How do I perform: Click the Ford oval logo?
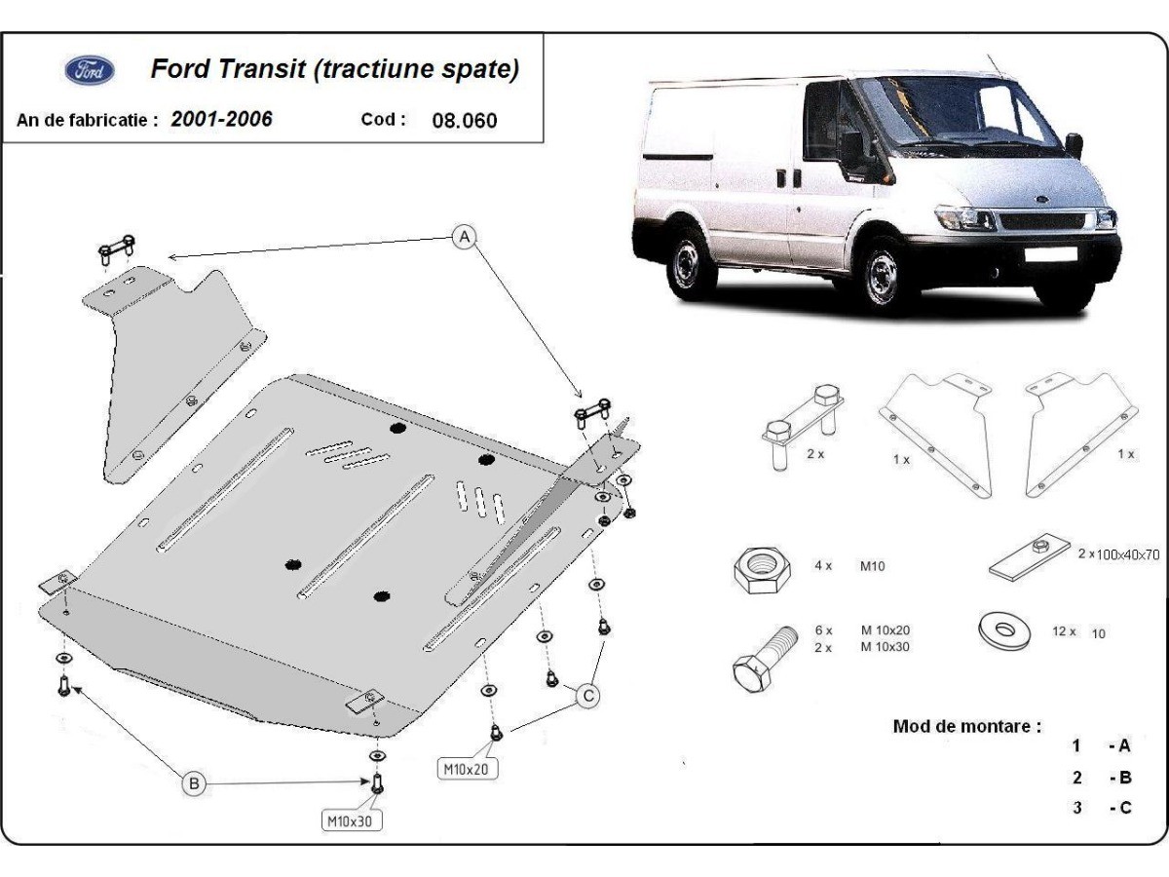90,70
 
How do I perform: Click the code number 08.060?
464,121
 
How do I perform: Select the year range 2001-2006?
221,119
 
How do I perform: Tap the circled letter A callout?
466,236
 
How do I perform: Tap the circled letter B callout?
195,782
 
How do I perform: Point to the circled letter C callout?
587,695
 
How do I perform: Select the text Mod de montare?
966,726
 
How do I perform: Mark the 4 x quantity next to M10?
823,565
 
